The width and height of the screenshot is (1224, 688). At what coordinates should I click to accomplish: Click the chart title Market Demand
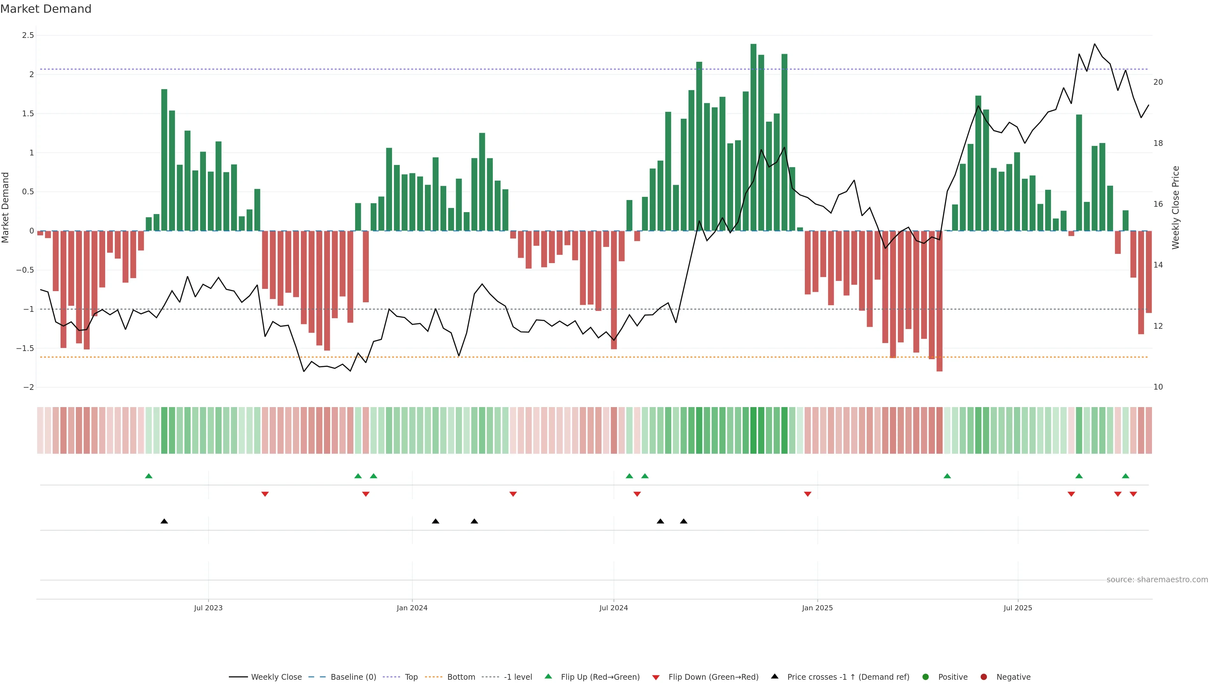click(x=46, y=9)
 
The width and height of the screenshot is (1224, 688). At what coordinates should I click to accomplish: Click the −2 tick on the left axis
click(x=28, y=387)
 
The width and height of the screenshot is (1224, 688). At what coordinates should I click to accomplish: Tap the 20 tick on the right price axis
click(x=1158, y=82)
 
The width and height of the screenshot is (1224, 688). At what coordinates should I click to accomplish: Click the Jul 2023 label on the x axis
click(x=208, y=608)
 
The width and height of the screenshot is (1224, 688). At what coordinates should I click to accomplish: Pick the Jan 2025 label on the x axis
click(x=817, y=608)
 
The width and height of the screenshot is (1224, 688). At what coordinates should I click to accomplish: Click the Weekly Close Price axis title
click(x=1176, y=207)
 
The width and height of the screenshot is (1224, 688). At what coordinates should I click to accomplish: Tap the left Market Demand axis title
click(x=6, y=207)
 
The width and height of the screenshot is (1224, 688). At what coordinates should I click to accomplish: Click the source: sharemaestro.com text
click(x=1157, y=580)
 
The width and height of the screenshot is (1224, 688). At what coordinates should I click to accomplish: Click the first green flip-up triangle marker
click(x=149, y=476)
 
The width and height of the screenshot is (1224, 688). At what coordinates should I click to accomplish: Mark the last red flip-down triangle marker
click(x=1133, y=494)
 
